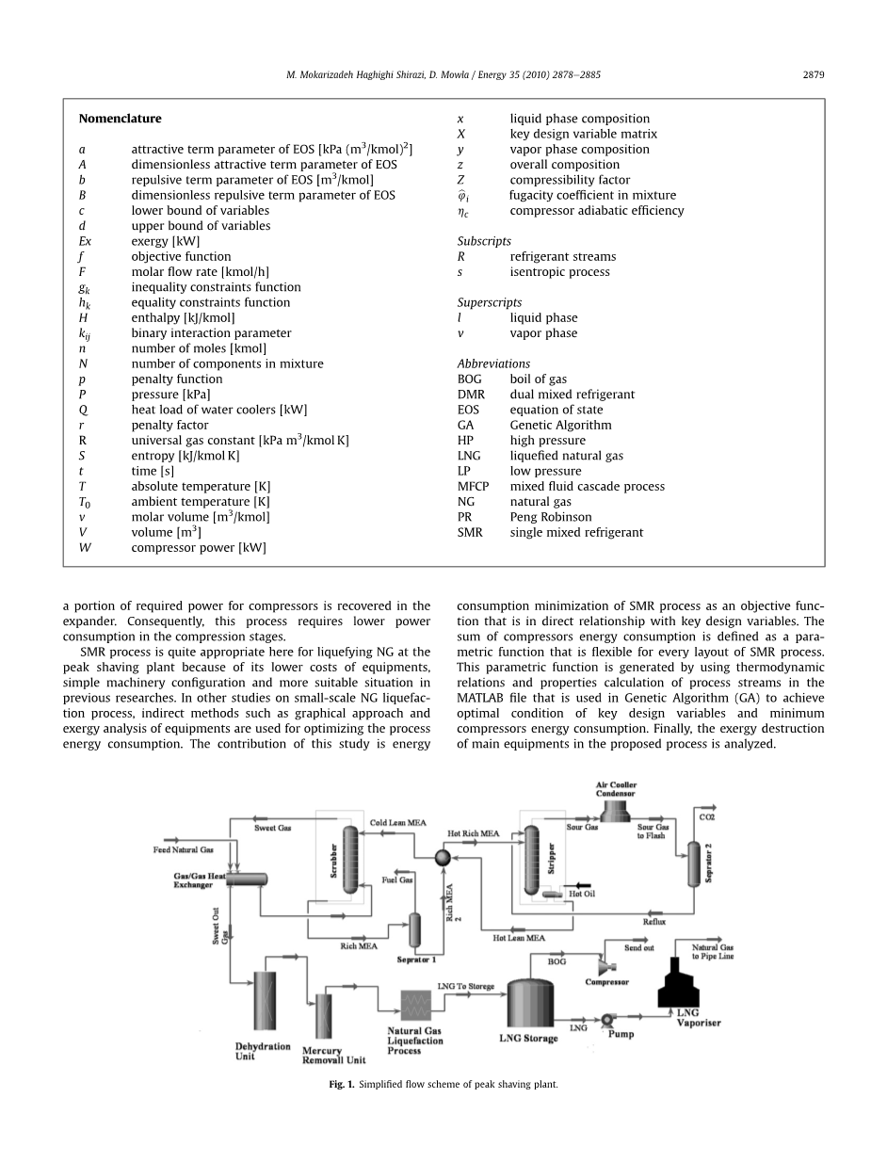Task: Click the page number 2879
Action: pos(814,74)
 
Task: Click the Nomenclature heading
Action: pos(120,119)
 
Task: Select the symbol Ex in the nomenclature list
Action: pos(85,241)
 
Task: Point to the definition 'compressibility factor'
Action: pos(570,180)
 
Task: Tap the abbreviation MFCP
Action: pos(473,487)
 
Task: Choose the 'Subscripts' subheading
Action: pos(484,241)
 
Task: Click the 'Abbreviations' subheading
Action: pos(493,363)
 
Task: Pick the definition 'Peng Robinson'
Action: pos(551,517)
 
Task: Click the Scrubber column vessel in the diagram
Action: pos(350,859)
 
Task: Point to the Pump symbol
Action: pos(608,1020)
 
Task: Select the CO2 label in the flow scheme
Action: pos(706,816)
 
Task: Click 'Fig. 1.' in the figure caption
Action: pos(341,1085)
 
